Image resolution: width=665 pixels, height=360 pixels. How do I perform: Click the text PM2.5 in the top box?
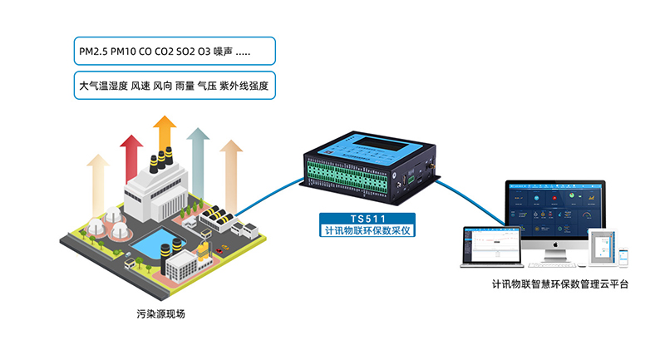(x=93, y=53)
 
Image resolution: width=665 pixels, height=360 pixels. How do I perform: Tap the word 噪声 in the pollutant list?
(x=224, y=53)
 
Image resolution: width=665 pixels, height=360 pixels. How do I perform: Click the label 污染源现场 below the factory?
(x=161, y=313)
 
